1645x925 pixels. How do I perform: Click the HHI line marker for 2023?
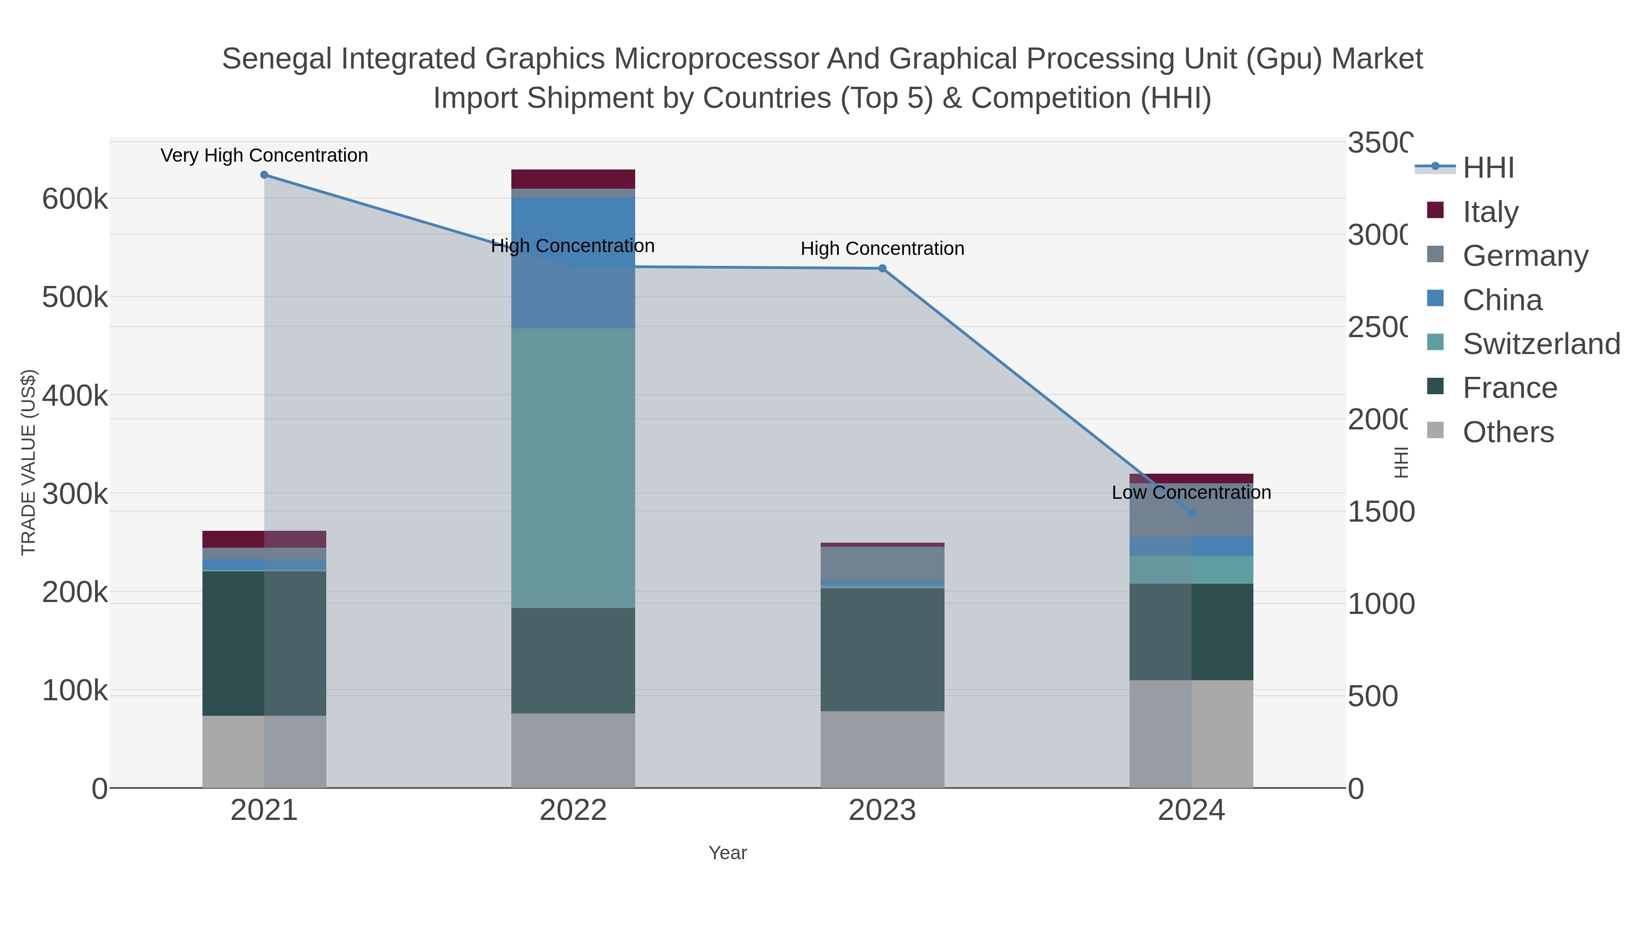pos(882,269)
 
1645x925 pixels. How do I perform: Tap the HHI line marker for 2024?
pos(1191,513)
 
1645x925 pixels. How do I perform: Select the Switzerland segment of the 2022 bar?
pos(573,468)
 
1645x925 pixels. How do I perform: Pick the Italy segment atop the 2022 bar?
pos(573,179)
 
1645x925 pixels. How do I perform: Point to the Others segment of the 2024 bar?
pos(1191,734)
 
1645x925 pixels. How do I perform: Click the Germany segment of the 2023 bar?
pos(882,563)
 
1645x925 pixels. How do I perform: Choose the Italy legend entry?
pos(1490,212)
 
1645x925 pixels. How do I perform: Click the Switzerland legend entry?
pos(1540,344)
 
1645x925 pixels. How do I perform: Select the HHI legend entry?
pos(1488,168)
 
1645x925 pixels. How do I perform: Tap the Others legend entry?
pos(1507,432)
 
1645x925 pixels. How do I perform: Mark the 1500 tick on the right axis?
pos(1380,512)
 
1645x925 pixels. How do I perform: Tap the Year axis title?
pos(727,853)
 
